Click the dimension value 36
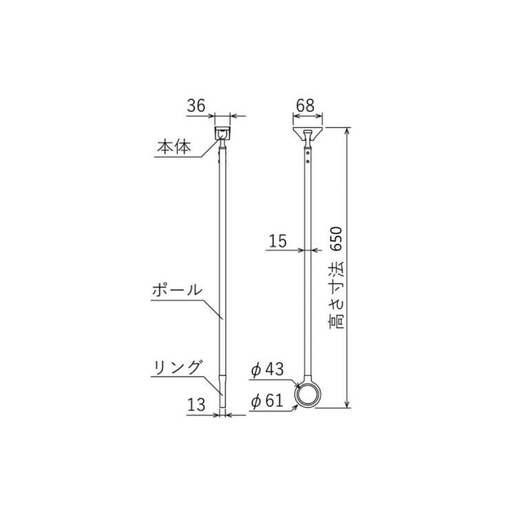pyautogui.click(x=197, y=106)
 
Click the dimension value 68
pyautogui.click(x=305, y=106)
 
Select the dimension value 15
pyautogui.click(x=277, y=241)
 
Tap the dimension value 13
pyautogui.click(x=197, y=406)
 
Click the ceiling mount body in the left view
pyautogui.click(x=222, y=132)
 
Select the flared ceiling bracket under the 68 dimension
pyautogui.click(x=306, y=132)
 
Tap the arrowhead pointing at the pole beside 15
pyautogui.click(x=301, y=250)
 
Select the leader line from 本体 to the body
pyautogui.click(x=210, y=151)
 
